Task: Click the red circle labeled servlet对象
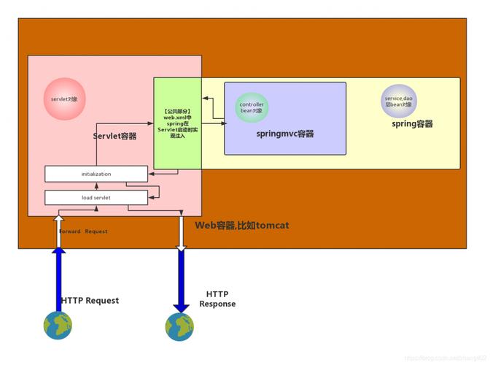click(x=65, y=99)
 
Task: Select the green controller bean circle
click(x=252, y=108)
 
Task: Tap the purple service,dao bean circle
click(x=399, y=101)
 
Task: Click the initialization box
click(x=96, y=174)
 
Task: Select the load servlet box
click(x=96, y=197)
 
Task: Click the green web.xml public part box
click(x=177, y=123)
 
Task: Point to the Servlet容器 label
click(x=114, y=137)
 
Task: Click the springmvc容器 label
click(x=284, y=134)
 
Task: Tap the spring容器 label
click(x=412, y=124)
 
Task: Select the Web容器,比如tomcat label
click(x=241, y=226)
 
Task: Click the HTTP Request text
click(x=90, y=301)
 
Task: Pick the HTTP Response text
click(x=217, y=299)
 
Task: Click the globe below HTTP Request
click(x=58, y=325)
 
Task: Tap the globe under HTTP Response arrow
click(x=179, y=326)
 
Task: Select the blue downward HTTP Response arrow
click(x=181, y=281)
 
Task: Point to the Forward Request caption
click(x=83, y=231)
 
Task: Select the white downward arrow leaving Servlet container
click(x=181, y=232)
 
